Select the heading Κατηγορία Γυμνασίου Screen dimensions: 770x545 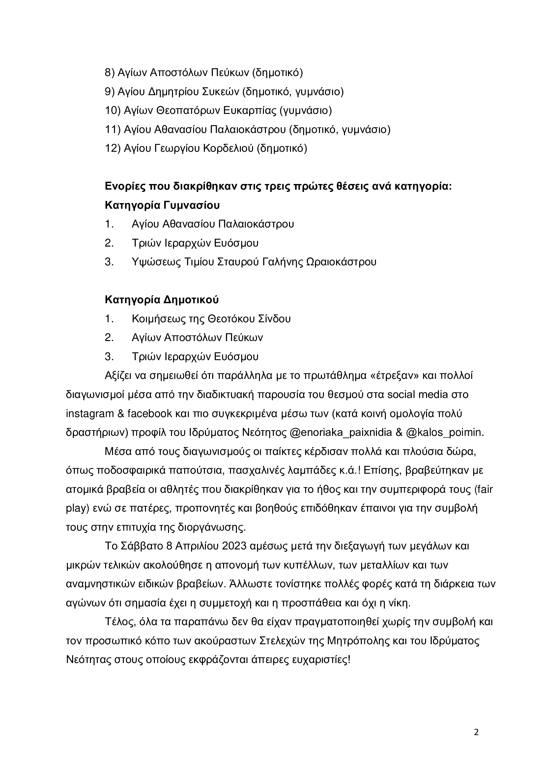tap(162, 205)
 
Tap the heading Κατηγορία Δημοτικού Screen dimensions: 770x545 tap(162, 300)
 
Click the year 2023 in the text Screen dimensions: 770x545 tap(235, 546)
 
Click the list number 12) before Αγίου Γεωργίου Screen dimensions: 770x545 tap(113, 148)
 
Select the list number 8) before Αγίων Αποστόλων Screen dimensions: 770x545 tap(110, 72)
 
